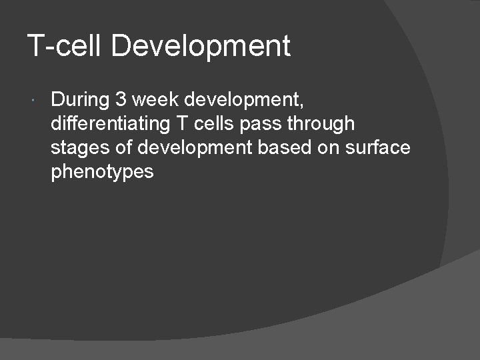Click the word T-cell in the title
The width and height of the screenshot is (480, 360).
click(x=65, y=47)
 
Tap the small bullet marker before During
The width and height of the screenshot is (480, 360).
click(x=33, y=101)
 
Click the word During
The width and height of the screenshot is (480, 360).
click(x=79, y=100)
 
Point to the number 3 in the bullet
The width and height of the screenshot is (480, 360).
click(x=121, y=100)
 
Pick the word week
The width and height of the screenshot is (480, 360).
click(x=155, y=100)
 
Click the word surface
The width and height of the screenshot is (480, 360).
click(x=377, y=148)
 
